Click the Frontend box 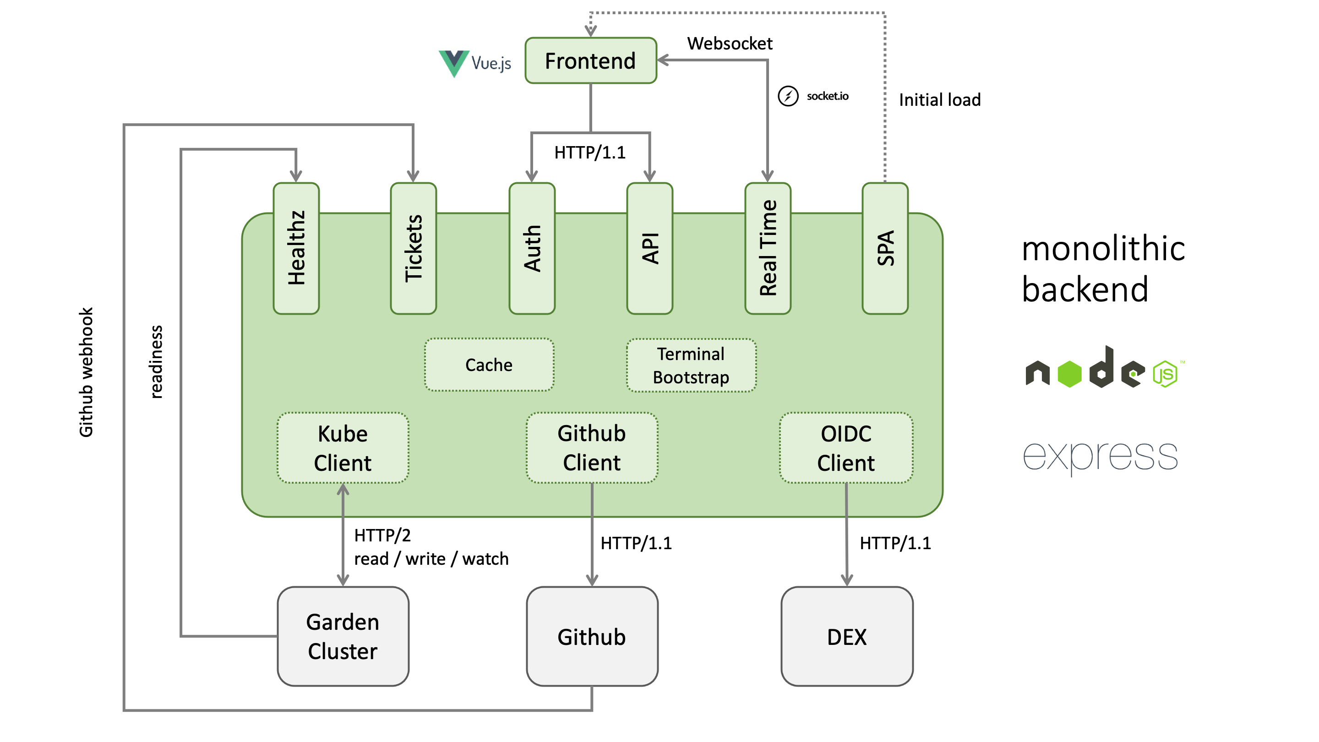(x=590, y=60)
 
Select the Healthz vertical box (x=296, y=248)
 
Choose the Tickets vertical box (x=413, y=248)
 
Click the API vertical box (x=650, y=248)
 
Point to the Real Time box (x=768, y=248)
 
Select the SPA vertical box (x=885, y=248)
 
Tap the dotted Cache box (x=489, y=365)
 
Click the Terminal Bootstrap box (x=691, y=365)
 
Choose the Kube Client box (x=343, y=448)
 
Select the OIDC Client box (x=846, y=448)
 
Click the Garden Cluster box (x=343, y=636)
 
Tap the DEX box (x=847, y=636)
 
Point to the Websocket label (x=730, y=44)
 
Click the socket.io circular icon (x=788, y=96)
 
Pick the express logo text (x=1100, y=456)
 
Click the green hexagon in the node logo (x=1069, y=374)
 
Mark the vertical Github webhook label (x=86, y=372)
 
